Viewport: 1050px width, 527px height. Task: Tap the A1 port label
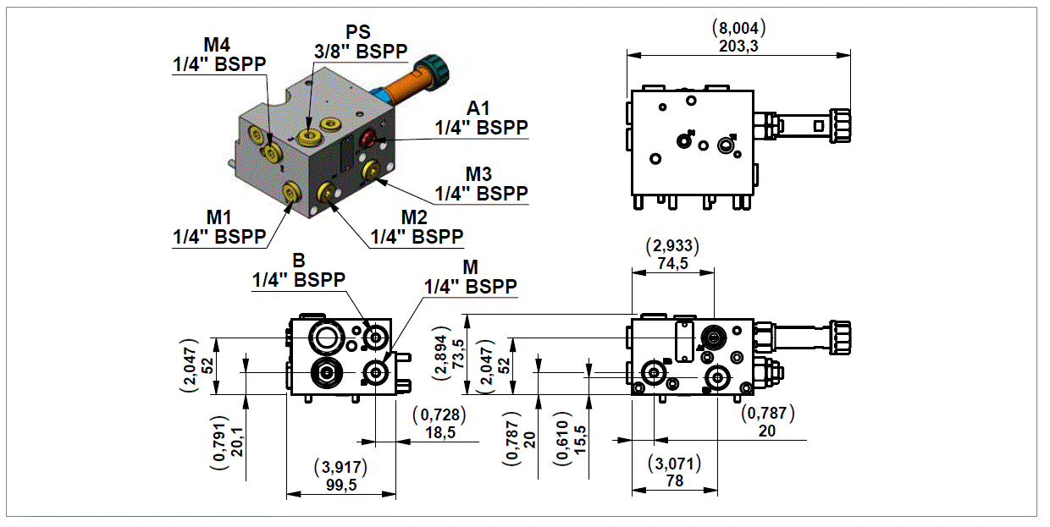480,118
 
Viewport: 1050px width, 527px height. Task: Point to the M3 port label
480,183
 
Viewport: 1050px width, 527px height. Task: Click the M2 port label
415,227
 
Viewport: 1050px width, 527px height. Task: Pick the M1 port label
218,227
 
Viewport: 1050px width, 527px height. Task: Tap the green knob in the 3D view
436,69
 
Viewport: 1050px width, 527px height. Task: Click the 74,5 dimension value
672,263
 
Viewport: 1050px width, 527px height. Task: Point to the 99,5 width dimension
340,483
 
